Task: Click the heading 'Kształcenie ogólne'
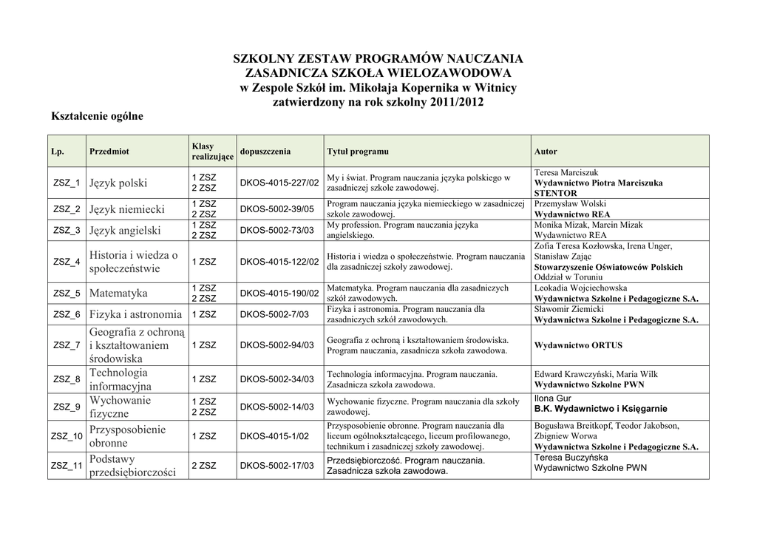click(96, 116)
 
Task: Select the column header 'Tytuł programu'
click(358, 152)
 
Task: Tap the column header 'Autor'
click(546, 152)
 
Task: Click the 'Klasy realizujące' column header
click(212, 152)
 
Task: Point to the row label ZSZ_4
click(67, 262)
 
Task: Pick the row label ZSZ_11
click(67, 466)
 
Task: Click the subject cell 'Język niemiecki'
click(127, 209)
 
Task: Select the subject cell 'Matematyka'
click(118, 294)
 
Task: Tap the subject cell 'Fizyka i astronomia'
click(135, 314)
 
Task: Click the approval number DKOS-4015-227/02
click(279, 183)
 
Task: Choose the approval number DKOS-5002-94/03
click(277, 345)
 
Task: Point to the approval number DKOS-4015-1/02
click(274, 436)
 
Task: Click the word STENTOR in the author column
click(555, 193)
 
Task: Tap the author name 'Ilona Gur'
click(553, 398)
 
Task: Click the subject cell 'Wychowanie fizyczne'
click(120, 407)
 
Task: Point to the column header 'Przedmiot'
click(109, 152)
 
